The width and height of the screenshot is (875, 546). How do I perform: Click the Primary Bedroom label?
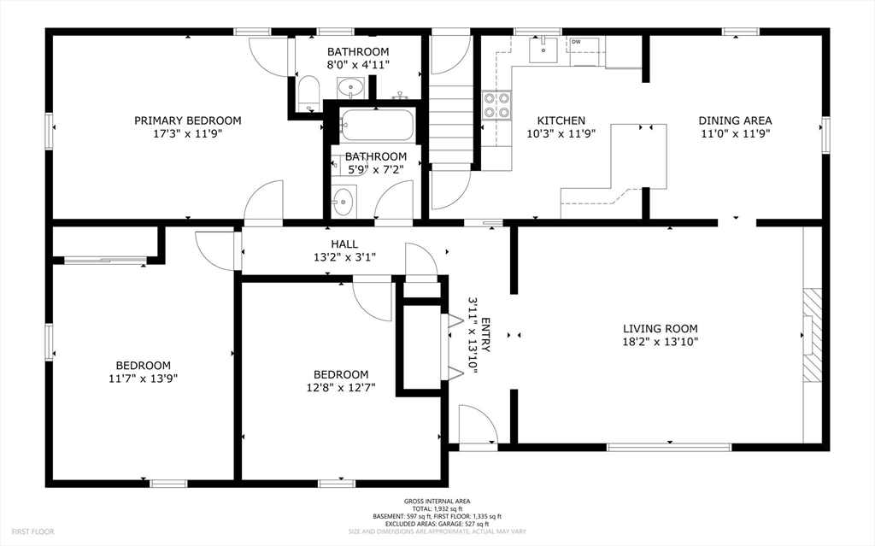[187, 120]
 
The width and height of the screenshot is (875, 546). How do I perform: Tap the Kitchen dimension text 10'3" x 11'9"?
[561, 134]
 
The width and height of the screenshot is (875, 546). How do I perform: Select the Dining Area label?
[736, 120]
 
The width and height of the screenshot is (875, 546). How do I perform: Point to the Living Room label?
[661, 329]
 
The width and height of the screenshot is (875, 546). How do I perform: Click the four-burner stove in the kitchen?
[496, 105]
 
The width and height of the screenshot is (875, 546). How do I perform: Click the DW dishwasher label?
[576, 42]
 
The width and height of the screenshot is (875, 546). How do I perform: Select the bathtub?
[376, 125]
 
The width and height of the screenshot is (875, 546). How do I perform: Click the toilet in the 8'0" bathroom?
[308, 92]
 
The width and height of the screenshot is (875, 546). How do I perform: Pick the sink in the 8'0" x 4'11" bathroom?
[350, 87]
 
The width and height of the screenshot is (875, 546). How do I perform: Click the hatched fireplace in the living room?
[813, 335]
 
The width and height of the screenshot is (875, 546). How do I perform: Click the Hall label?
[344, 244]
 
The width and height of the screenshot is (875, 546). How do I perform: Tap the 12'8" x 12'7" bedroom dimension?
[340, 387]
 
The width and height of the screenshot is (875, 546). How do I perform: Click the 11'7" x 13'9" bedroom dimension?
[143, 379]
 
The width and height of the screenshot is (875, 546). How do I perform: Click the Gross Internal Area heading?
[437, 502]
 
